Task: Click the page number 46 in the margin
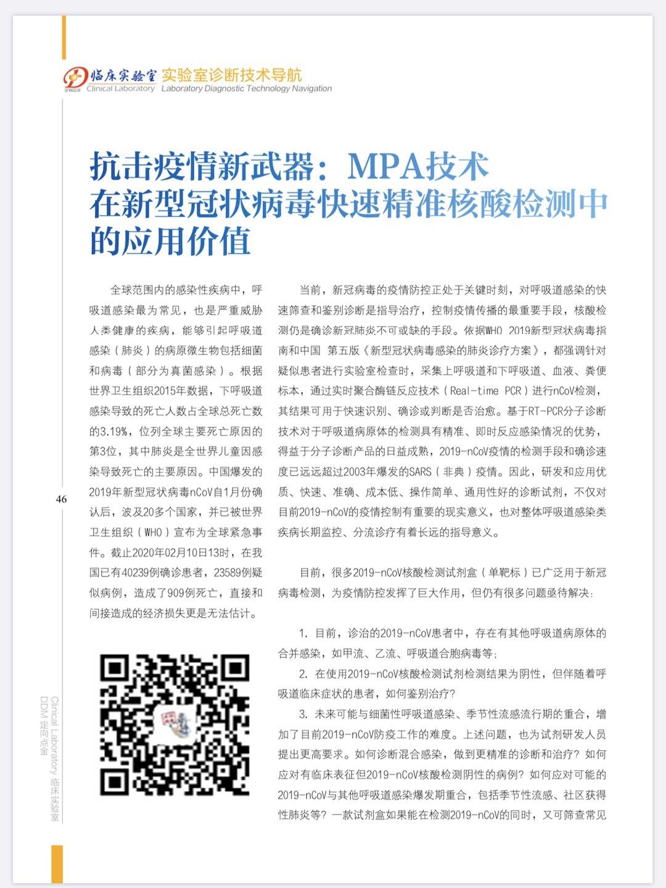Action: click(61, 499)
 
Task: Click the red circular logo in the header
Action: click(73, 78)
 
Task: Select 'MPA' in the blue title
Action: click(385, 166)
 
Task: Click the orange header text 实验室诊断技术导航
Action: click(232, 75)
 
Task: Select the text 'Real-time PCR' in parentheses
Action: click(486, 391)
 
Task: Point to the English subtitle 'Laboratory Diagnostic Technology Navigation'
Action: click(247, 89)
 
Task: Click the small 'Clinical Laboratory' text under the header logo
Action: click(121, 89)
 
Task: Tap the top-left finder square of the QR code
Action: click(115, 668)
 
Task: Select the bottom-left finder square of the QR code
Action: click(115, 780)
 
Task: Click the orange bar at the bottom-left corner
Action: click(57, 863)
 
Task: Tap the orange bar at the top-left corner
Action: click(64, 37)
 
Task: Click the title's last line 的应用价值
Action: click(170, 241)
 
